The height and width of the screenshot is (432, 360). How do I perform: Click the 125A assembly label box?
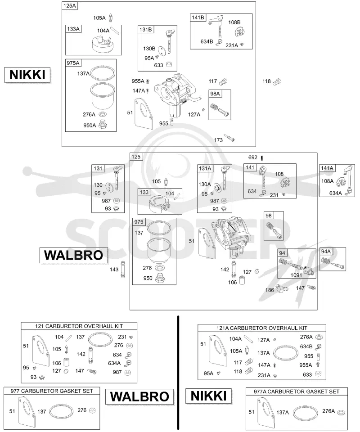70,5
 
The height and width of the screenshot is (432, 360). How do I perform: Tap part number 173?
218,140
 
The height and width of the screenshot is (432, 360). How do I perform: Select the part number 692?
253,157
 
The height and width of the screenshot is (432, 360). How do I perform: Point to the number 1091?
296,275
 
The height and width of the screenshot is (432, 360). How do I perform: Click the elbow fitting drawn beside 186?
282,288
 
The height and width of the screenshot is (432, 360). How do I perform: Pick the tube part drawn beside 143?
123,269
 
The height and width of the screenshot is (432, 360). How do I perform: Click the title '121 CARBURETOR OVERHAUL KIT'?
79,326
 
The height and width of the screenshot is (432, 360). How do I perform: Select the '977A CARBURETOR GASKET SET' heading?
297,391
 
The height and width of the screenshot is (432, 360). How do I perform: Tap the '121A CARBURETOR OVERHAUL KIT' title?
261,328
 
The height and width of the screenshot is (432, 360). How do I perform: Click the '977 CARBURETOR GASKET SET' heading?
52,391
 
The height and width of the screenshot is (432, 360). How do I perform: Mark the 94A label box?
326,251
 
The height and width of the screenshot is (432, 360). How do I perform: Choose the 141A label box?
327,168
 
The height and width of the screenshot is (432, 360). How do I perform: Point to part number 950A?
90,126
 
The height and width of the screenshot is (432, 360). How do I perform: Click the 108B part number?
234,22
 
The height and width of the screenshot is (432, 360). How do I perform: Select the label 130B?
149,49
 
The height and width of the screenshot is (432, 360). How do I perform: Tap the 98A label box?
215,94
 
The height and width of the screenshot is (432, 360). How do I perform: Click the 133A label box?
73,29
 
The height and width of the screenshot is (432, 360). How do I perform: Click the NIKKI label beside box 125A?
27,75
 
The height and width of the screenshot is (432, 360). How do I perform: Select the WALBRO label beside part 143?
73,255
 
